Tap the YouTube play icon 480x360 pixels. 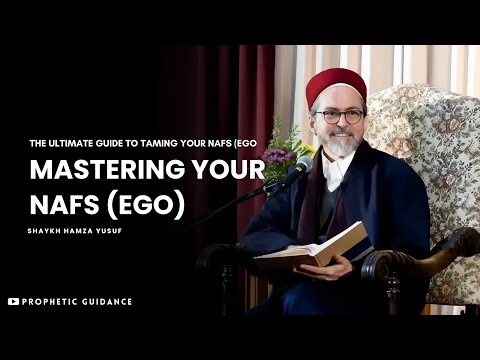pos(13,301)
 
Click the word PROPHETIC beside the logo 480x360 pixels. pos(50,301)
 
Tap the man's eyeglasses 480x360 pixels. pos(339,116)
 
